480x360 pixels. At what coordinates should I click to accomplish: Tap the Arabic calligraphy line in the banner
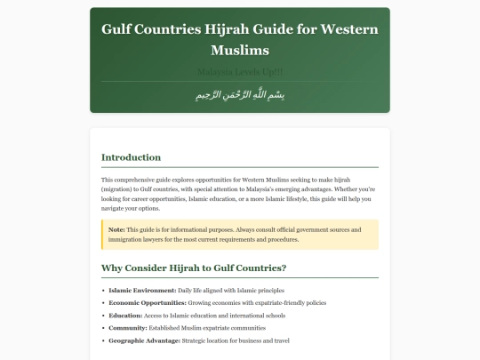click(x=239, y=95)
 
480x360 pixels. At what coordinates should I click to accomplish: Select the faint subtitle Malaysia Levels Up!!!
click(x=239, y=71)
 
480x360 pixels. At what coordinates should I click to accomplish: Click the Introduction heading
click(x=131, y=157)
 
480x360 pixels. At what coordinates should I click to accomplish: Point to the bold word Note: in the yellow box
click(x=116, y=229)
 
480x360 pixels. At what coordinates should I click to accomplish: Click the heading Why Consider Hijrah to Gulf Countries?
click(x=194, y=268)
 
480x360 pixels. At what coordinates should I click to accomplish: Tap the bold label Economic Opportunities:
click(x=142, y=303)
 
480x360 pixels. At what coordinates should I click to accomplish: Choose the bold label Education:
click(x=125, y=316)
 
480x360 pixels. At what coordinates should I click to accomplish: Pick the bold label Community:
click(x=129, y=328)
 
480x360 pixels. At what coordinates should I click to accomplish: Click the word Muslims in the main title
click(x=239, y=51)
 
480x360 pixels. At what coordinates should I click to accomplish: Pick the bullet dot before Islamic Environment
click(x=103, y=291)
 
